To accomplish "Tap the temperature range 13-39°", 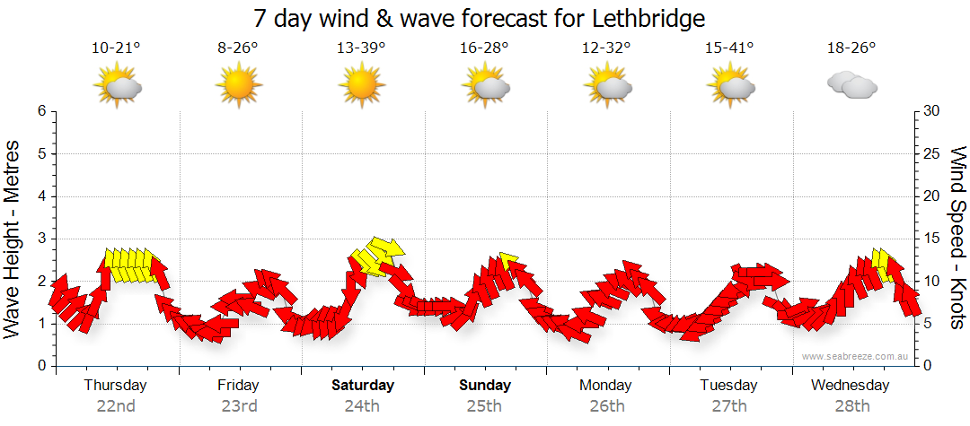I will (x=361, y=48).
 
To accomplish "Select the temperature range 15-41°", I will (x=729, y=48).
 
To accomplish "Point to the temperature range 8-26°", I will (x=238, y=48).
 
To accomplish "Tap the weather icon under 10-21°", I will (x=117, y=86).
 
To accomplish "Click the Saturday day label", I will (x=363, y=386).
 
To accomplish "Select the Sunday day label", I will (x=485, y=386).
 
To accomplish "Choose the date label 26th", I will (x=607, y=405).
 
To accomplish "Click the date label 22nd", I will (x=116, y=405).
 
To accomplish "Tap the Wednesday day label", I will (x=850, y=386).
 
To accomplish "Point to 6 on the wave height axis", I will (x=40, y=111).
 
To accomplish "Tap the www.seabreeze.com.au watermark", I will (x=857, y=357).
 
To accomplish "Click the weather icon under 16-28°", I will (x=485, y=86).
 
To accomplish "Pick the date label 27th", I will (x=729, y=405).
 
